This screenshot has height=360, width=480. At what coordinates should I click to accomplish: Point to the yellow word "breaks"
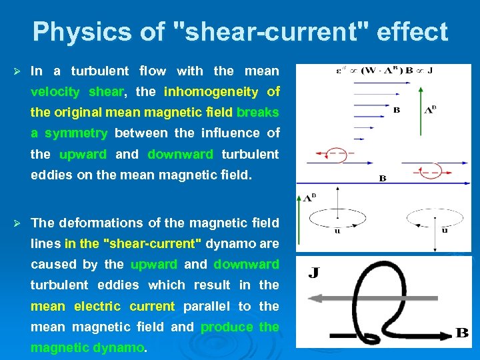click(x=257, y=112)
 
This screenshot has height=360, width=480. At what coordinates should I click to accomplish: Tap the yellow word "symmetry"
click(x=75, y=133)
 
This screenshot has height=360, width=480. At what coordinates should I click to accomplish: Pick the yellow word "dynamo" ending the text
click(x=121, y=347)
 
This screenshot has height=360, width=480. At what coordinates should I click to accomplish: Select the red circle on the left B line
click(x=337, y=153)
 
